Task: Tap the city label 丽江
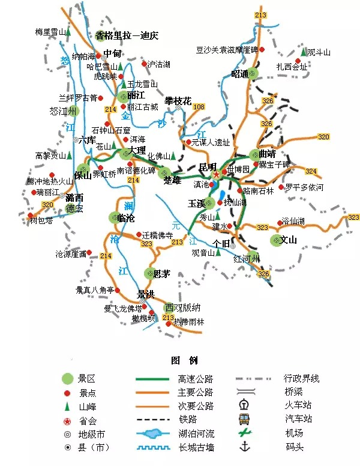[136, 95]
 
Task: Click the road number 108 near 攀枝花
[199, 106]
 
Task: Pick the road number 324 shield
[310, 171]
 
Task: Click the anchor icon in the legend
[244, 447]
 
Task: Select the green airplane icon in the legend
[244, 432]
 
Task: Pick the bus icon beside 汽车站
[244, 419]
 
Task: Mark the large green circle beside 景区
[68, 378]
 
